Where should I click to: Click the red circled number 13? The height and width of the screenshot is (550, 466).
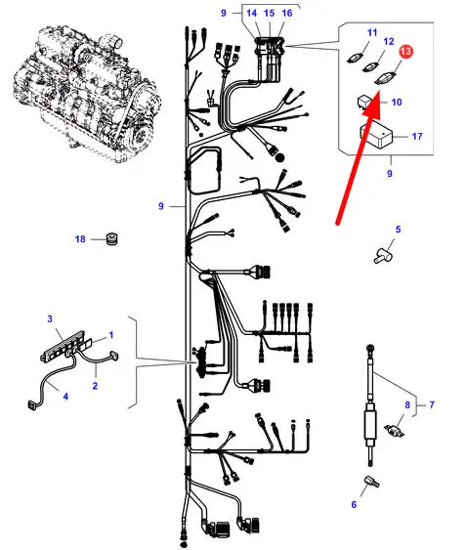405,52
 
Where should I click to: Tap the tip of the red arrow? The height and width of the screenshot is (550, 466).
379,92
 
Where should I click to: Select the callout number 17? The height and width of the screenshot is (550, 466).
417,136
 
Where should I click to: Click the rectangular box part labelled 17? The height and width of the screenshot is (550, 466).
376,136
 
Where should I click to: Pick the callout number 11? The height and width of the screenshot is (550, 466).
372,32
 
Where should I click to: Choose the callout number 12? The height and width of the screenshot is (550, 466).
389,42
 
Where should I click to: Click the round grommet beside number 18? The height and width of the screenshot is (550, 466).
112,239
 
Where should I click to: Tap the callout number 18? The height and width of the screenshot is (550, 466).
80,239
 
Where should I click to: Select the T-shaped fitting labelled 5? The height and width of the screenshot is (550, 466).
383,256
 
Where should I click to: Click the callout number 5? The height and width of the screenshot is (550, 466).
398,230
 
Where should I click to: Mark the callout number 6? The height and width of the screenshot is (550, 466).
354,504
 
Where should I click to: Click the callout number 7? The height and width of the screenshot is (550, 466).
432,404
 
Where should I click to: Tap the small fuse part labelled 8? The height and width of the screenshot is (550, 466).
395,430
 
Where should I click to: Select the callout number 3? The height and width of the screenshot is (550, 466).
50,318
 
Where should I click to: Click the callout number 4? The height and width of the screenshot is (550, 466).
65,397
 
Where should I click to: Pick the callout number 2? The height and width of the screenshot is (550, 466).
95,386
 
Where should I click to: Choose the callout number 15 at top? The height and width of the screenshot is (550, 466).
269,14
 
